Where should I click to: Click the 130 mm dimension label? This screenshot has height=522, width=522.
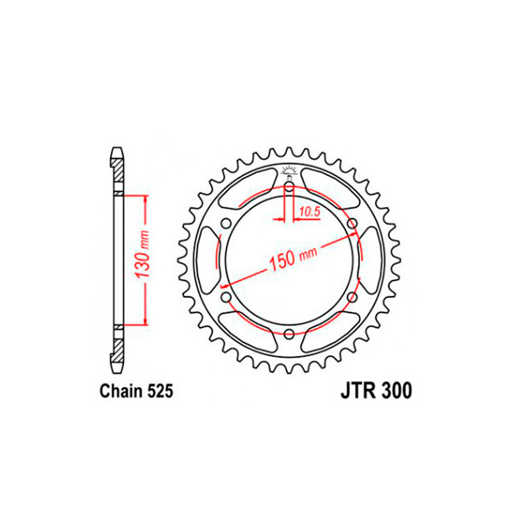(142, 254)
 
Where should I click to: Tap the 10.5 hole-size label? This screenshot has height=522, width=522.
(309, 211)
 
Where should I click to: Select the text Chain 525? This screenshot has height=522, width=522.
(136, 390)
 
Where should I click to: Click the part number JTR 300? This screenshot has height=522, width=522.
(376, 390)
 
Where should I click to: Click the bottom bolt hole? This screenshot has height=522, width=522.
(289, 333)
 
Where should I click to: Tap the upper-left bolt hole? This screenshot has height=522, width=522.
(226, 223)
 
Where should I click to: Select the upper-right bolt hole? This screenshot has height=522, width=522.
(352, 223)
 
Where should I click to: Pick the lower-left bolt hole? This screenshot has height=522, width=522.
(226, 296)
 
